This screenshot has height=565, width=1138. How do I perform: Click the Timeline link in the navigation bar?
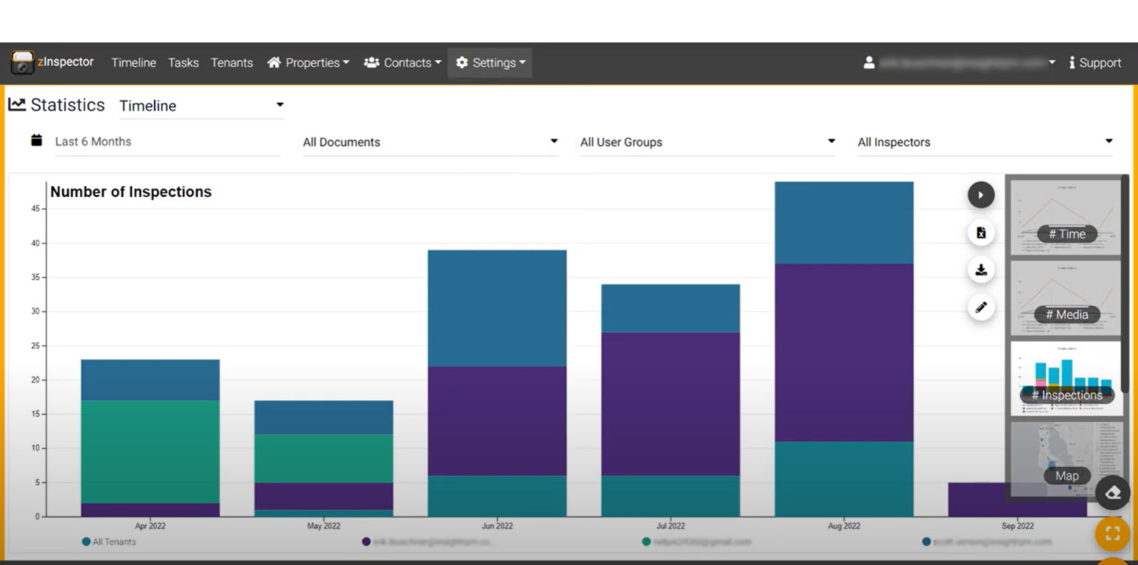[x=133, y=63]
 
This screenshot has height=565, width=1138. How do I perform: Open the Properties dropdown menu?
[x=308, y=63]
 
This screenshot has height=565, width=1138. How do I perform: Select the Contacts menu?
[x=402, y=63]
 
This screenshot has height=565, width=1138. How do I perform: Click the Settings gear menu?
[x=490, y=63]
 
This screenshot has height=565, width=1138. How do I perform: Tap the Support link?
[x=1095, y=63]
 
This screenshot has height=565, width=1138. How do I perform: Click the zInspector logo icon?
[x=22, y=63]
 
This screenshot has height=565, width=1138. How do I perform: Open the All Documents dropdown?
[x=430, y=142]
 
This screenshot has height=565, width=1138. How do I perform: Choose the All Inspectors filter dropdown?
[x=985, y=142]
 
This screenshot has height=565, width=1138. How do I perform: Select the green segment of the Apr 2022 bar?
[x=150, y=452]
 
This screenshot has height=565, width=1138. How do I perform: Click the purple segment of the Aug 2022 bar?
[x=844, y=352]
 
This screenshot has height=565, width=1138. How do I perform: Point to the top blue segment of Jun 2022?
[x=497, y=308]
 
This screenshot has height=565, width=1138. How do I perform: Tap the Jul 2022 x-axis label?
[x=671, y=526]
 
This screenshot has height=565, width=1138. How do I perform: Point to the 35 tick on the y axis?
[x=36, y=278]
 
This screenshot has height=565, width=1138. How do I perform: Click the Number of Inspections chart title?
[x=131, y=192]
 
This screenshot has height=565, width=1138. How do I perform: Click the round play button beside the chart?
[x=981, y=195]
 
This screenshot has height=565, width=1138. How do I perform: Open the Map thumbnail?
[x=1066, y=459]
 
